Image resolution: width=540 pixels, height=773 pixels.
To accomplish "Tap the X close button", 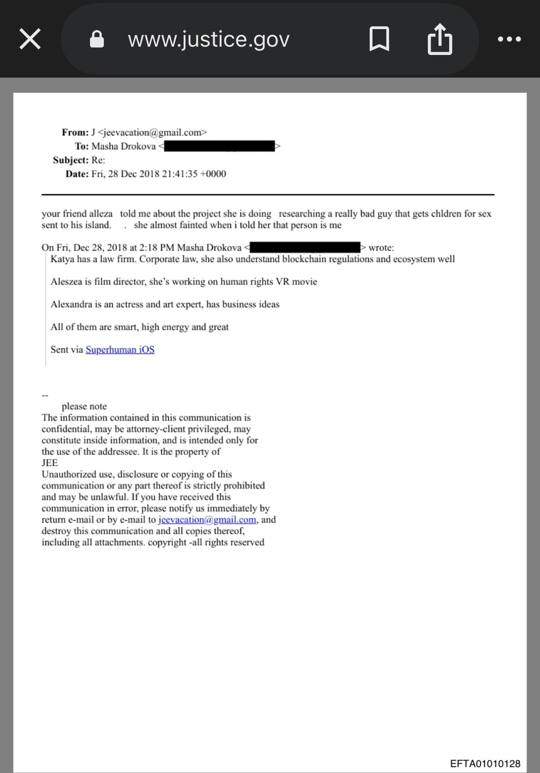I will pyautogui.click(x=30, y=39).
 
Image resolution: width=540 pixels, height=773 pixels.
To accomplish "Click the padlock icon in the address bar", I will pyautogui.click(x=97, y=39).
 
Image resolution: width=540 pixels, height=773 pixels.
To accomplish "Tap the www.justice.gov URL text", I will pyautogui.click(x=208, y=39).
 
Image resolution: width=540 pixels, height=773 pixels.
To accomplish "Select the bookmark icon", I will pyautogui.click(x=379, y=39).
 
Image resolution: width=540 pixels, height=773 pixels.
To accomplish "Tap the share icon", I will pyautogui.click(x=440, y=40).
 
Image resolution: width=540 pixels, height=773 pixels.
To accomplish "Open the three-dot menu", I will pyautogui.click(x=509, y=39).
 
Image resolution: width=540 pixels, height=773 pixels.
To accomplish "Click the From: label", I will pyautogui.click(x=75, y=132).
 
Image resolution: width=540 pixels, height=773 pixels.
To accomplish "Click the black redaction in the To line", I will pyautogui.click(x=220, y=146).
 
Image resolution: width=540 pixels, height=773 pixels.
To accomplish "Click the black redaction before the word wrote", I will pyautogui.click(x=305, y=247).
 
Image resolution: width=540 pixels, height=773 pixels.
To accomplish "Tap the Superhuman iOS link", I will pyautogui.click(x=120, y=349).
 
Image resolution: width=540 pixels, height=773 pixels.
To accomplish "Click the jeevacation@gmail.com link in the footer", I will pyautogui.click(x=207, y=520).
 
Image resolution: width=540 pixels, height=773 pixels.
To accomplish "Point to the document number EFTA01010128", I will pyautogui.click(x=485, y=764).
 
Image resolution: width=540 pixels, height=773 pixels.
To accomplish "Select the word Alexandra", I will pyautogui.click(x=71, y=304).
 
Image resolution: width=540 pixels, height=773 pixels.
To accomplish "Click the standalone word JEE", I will pyautogui.click(x=50, y=463).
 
